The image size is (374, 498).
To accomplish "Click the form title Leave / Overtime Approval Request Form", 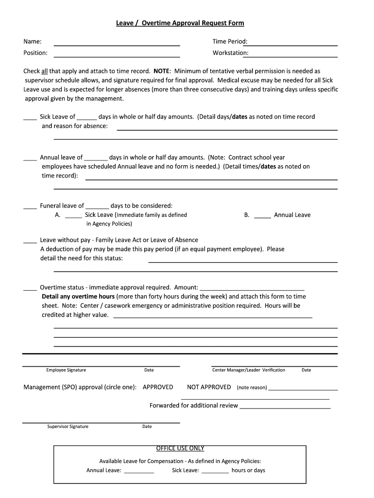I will (180, 23).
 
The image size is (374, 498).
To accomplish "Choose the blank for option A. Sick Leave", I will (73, 216).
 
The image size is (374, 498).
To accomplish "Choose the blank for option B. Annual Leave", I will (262, 216).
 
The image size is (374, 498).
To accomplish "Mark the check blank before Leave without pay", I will (30, 242).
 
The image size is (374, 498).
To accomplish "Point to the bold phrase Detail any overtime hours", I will (78, 297).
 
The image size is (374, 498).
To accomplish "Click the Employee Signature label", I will (66, 370).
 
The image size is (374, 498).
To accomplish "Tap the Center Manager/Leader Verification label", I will (249, 370).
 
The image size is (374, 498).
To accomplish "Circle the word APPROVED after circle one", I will (158, 387).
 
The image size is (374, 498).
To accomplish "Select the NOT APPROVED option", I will (209, 387).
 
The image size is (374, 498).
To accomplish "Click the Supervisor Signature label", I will (68, 427).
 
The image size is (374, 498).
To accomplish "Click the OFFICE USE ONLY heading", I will (180, 448).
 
